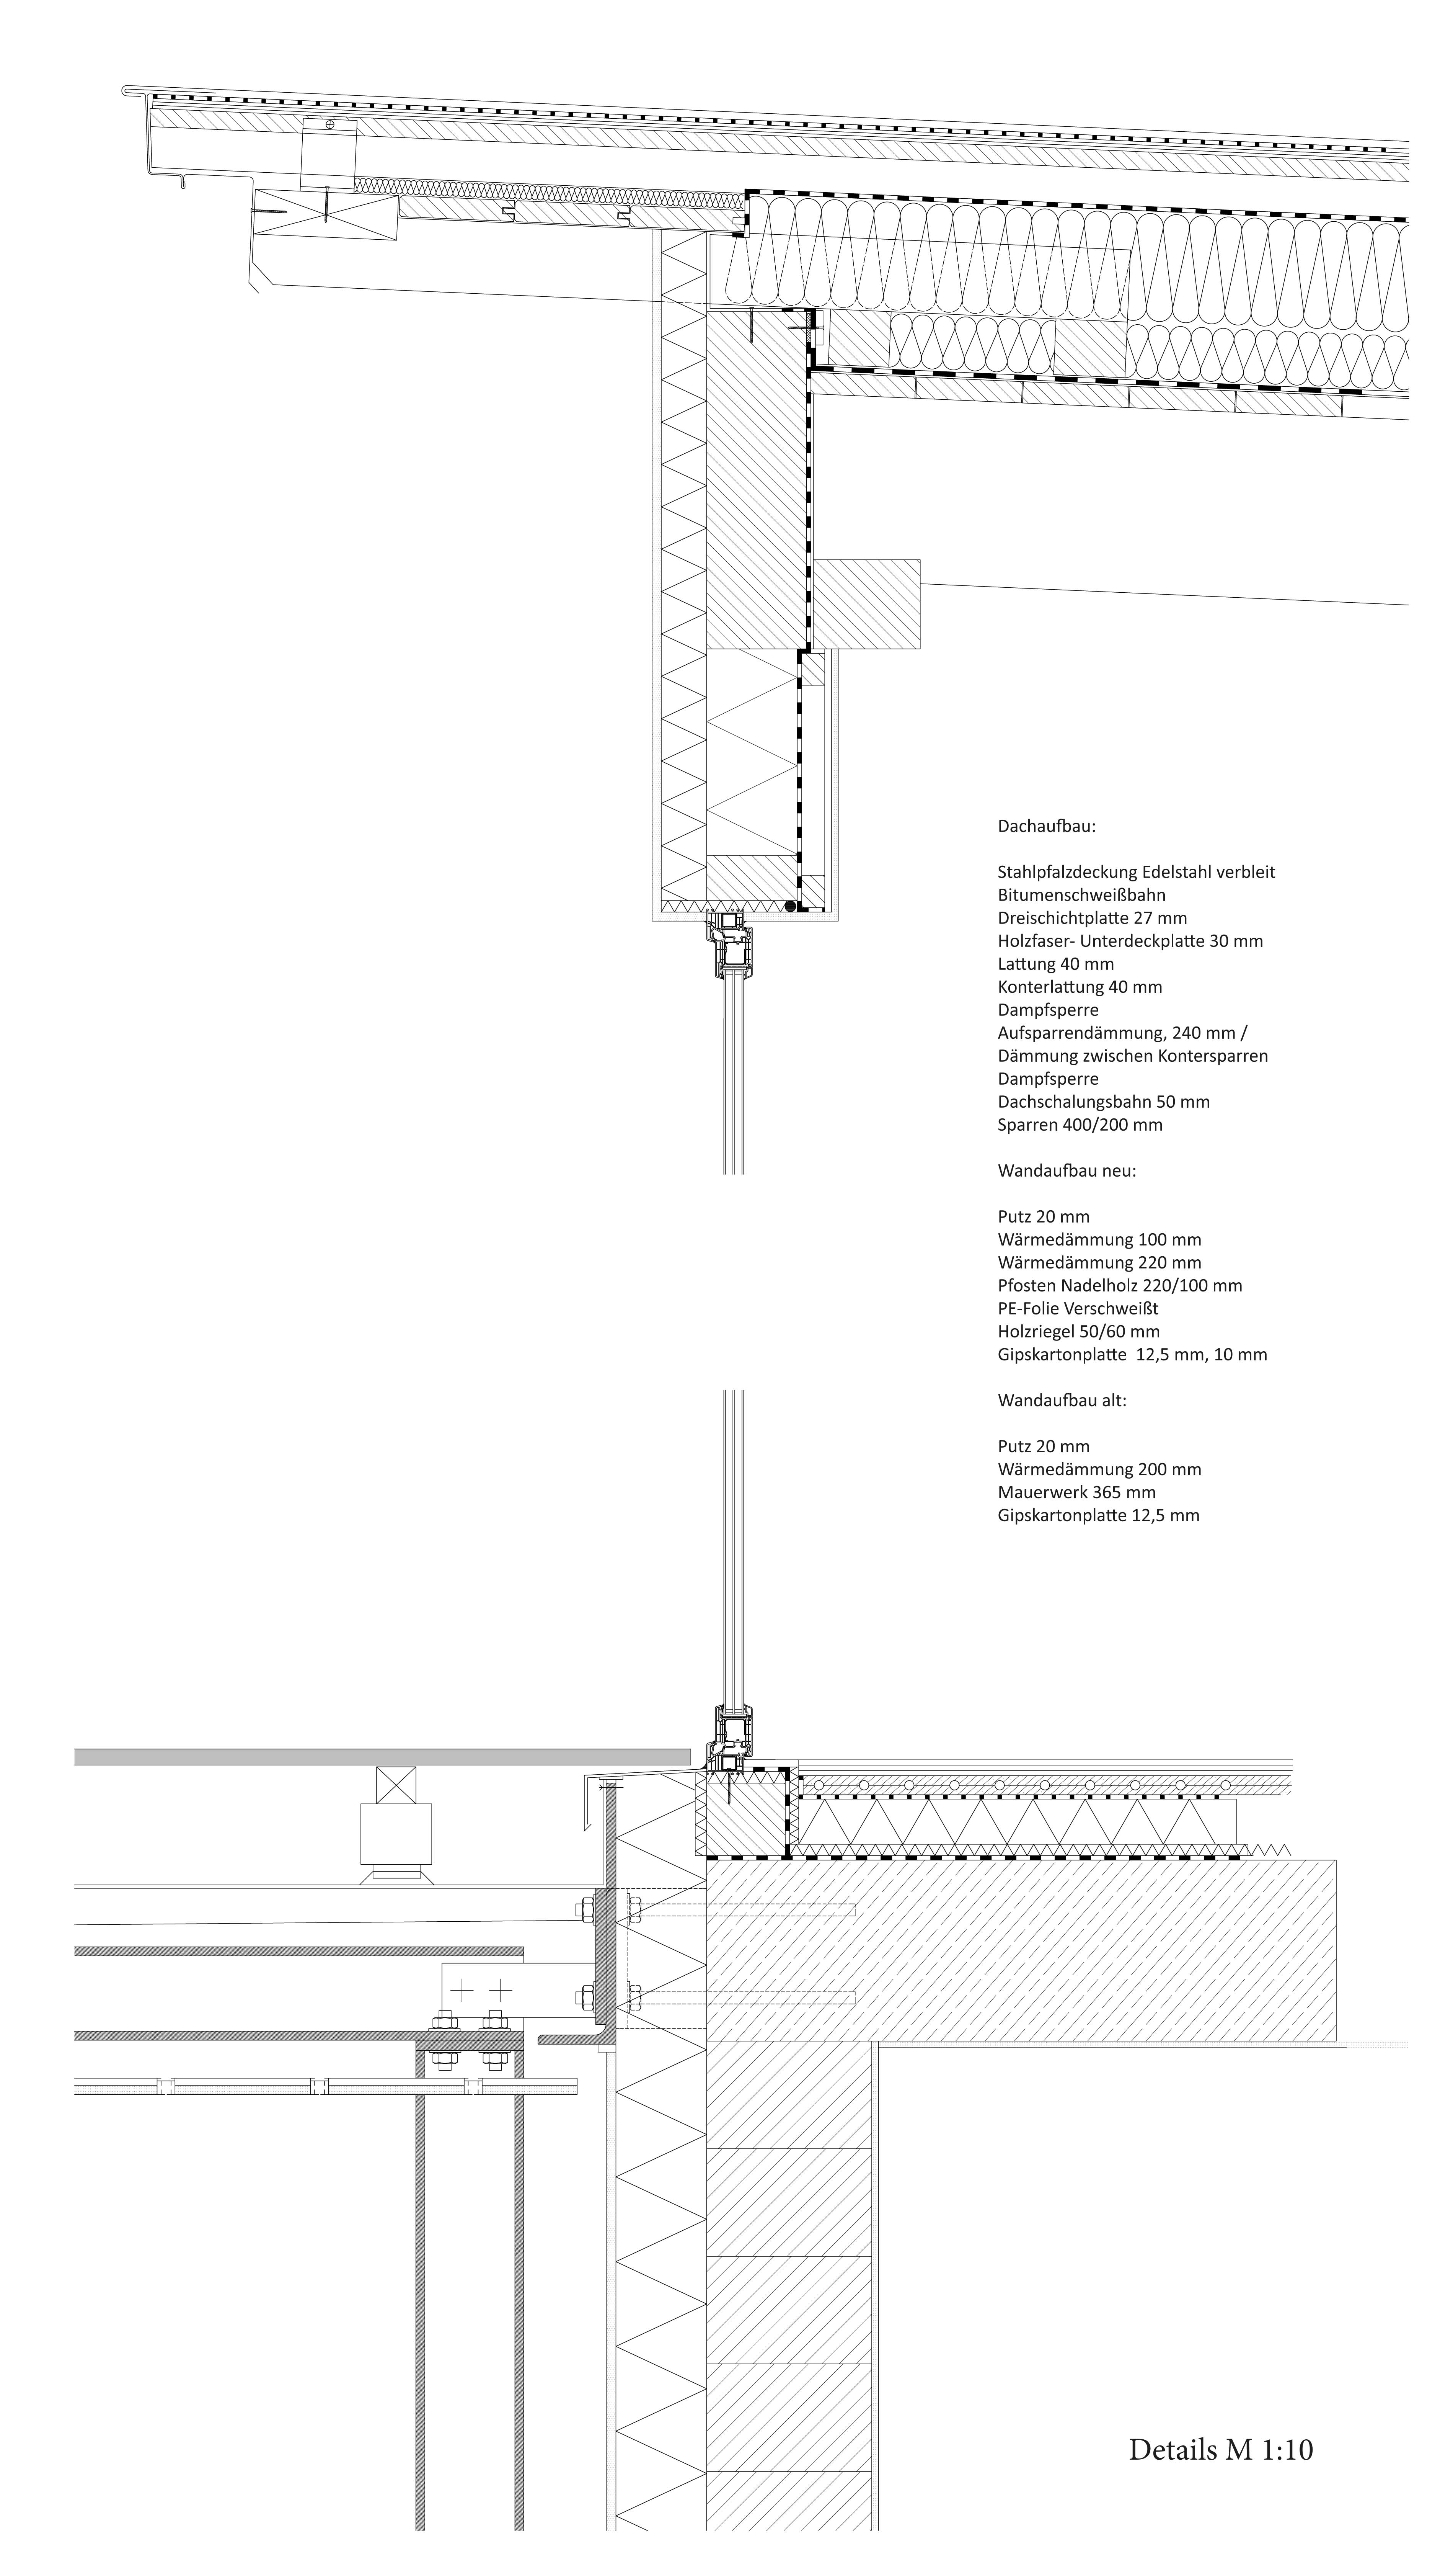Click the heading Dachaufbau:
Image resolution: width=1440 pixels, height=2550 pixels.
click(1046, 825)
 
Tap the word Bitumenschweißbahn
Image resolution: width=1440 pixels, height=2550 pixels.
click(1082, 895)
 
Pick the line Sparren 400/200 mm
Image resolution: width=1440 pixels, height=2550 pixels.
click(1080, 1125)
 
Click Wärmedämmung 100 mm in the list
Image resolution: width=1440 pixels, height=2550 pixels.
click(1099, 1239)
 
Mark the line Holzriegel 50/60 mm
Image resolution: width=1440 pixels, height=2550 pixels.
click(1079, 1331)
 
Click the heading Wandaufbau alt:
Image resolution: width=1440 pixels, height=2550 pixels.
click(1062, 1401)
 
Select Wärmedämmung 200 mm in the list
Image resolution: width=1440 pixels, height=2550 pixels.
click(1099, 1469)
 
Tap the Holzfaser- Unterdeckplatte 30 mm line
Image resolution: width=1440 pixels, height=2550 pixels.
click(1130, 940)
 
